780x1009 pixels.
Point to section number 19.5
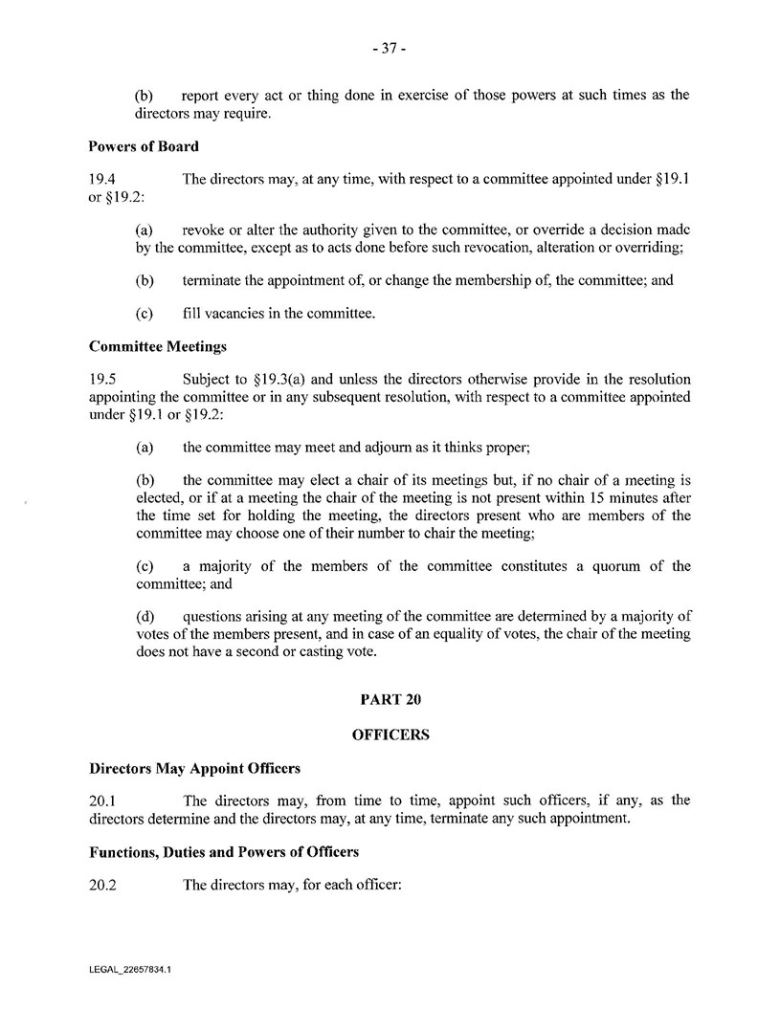click(102, 380)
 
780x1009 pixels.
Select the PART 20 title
click(390, 699)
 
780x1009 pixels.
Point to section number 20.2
click(102, 885)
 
